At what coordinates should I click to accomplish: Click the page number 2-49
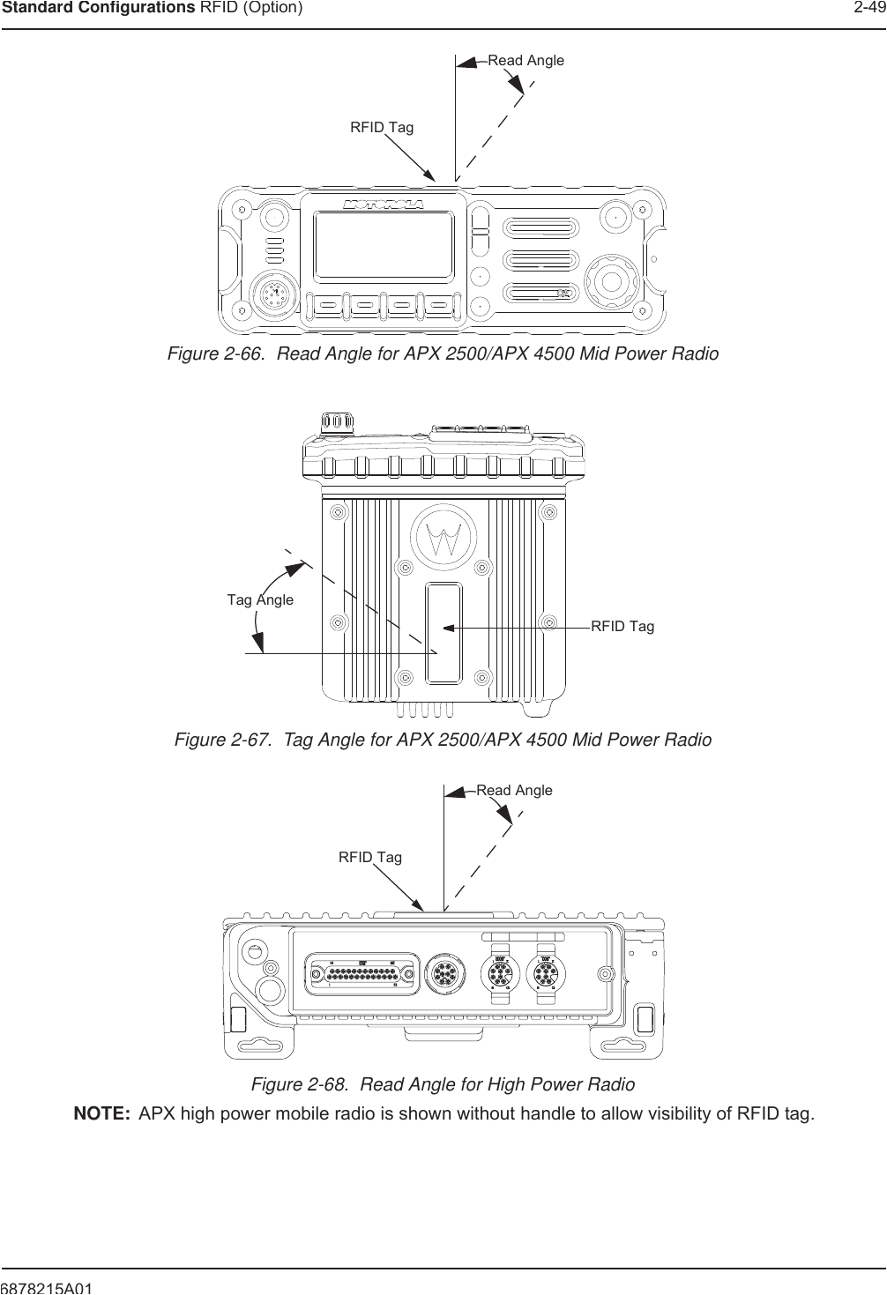(x=868, y=9)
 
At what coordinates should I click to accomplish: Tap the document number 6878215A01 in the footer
(x=48, y=1288)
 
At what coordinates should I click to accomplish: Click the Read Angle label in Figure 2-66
(x=525, y=61)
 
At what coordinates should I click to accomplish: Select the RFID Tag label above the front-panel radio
(x=381, y=128)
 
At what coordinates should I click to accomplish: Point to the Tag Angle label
(x=260, y=599)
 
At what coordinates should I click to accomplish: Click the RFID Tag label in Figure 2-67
(x=622, y=626)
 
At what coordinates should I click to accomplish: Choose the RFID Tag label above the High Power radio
(x=369, y=857)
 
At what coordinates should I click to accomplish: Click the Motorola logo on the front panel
(x=384, y=205)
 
